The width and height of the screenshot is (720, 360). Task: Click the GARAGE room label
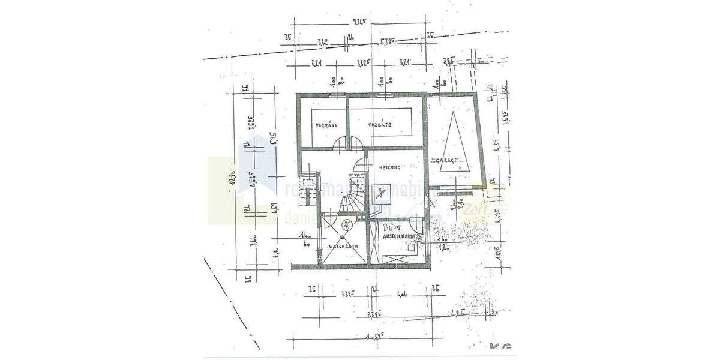pos(448,160)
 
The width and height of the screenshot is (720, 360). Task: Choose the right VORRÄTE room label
pos(380,125)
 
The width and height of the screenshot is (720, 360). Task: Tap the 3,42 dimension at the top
pos(322,42)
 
